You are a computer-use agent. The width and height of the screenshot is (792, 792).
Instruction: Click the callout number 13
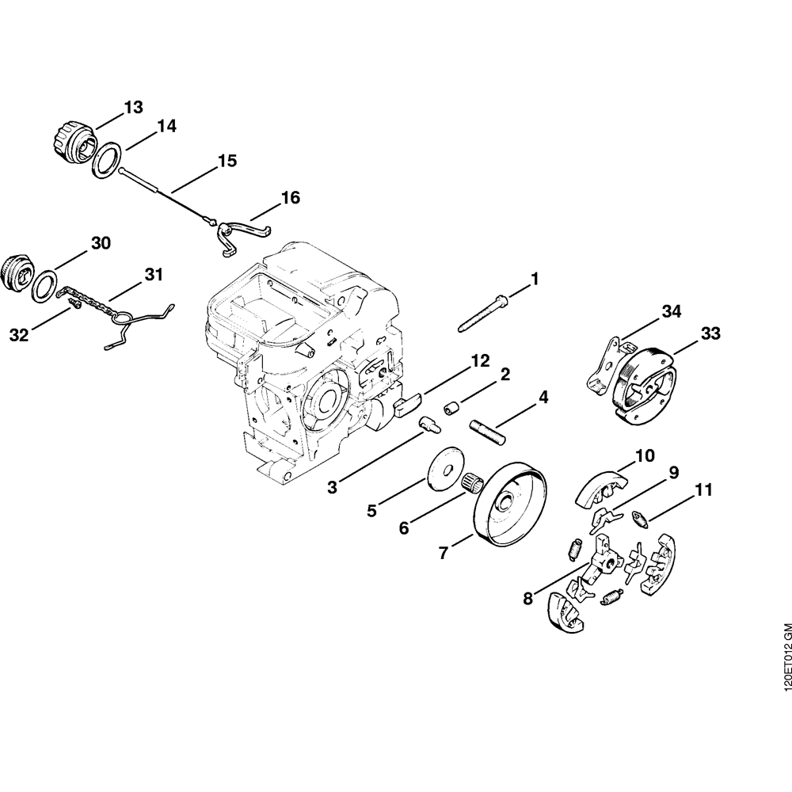coord(132,106)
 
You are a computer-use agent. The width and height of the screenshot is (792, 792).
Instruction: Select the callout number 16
coord(291,197)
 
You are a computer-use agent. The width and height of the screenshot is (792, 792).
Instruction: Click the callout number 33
coord(710,333)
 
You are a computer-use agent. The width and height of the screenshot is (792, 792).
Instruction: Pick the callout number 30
coord(100,242)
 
